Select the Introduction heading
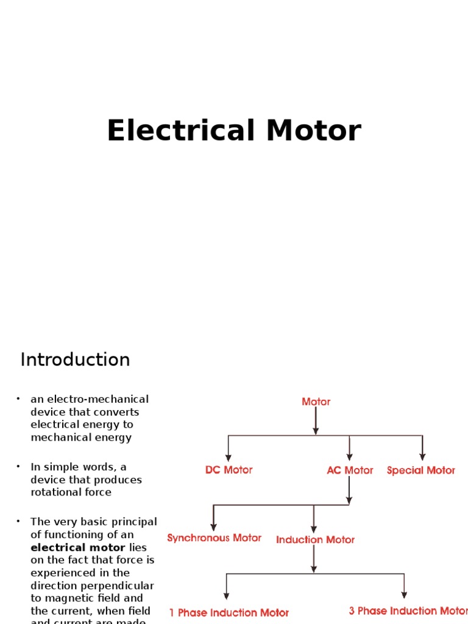[x=75, y=360]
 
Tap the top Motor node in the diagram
[x=316, y=402]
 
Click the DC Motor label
[x=229, y=470]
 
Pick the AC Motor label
[x=350, y=470]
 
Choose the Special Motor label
[x=421, y=470]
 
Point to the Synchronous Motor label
[x=214, y=538]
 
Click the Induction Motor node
[x=315, y=540]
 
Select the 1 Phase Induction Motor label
[x=229, y=612]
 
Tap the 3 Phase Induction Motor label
[x=408, y=611]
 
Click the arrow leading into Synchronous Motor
[x=213, y=519]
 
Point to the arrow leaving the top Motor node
[x=316, y=422]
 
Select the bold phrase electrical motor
[x=78, y=547]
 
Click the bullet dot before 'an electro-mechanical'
[x=18, y=399]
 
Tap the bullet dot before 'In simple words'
[x=18, y=466]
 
